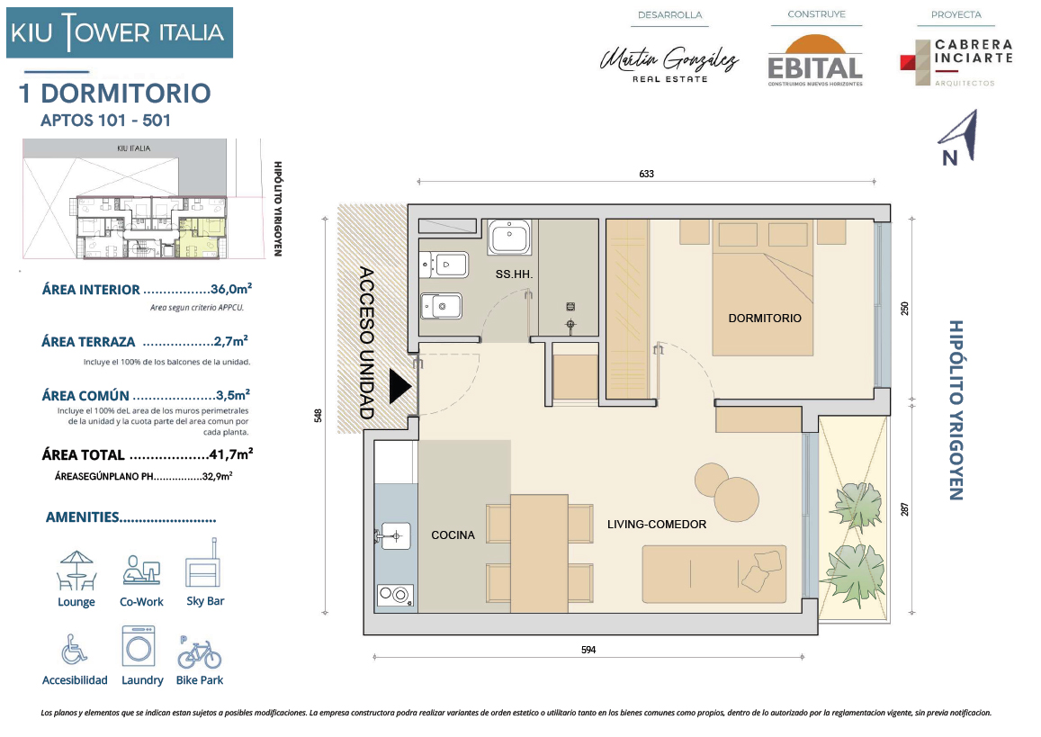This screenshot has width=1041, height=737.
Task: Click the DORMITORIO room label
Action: (x=765, y=318)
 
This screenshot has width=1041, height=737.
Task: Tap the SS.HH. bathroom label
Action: (x=514, y=274)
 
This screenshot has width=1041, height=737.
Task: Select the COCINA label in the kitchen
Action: (x=453, y=535)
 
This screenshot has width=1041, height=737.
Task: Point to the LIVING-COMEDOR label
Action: (x=657, y=525)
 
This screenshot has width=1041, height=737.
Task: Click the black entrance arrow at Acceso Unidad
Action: (x=399, y=386)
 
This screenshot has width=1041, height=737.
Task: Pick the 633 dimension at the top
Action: (x=647, y=174)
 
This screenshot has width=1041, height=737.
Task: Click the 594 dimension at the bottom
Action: (x=588, y=650)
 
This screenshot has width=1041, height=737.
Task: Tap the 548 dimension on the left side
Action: (x=318, y=416)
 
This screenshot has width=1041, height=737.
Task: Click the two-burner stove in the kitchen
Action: (x=395, y=595)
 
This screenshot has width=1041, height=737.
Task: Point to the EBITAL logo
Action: (x=815, y=60)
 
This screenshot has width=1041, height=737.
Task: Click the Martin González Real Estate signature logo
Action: (x=669, y=65)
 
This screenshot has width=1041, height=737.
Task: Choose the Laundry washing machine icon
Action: (x=139, y=645)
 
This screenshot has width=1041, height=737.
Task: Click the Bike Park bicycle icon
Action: (x=199, y=652)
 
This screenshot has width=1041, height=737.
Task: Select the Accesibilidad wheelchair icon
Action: (x=74, y=650)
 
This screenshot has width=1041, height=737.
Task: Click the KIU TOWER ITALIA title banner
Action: (x=120, y=32)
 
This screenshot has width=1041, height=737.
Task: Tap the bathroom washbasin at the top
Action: (x=509, y=237)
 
